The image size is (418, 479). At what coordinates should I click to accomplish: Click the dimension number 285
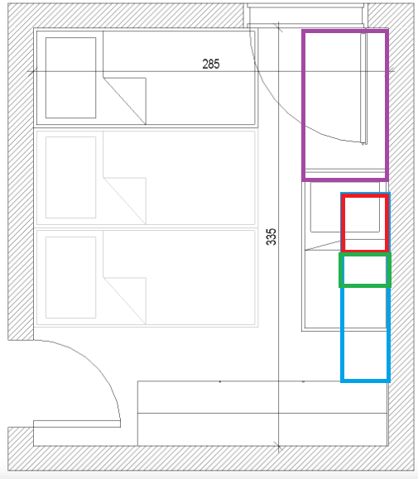(211, 65)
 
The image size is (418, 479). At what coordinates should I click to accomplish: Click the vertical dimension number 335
(271, 237)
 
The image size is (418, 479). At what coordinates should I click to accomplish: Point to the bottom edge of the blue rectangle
(365, 381)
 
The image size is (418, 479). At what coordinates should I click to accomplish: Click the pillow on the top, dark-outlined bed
(70, 78)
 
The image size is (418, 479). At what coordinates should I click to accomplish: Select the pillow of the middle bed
(70, 178)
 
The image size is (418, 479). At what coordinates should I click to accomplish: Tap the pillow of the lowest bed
(70, 277)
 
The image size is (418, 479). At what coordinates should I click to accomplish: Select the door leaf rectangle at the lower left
(77, 424)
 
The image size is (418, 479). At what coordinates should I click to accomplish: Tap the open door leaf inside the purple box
(363, 89)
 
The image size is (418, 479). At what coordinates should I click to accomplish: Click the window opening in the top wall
(306, 14)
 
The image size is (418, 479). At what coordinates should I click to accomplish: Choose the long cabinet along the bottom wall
(262, 414)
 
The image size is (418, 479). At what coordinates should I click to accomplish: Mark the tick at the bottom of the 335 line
(278, 446)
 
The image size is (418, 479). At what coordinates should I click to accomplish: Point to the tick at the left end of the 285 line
(33, 71)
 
